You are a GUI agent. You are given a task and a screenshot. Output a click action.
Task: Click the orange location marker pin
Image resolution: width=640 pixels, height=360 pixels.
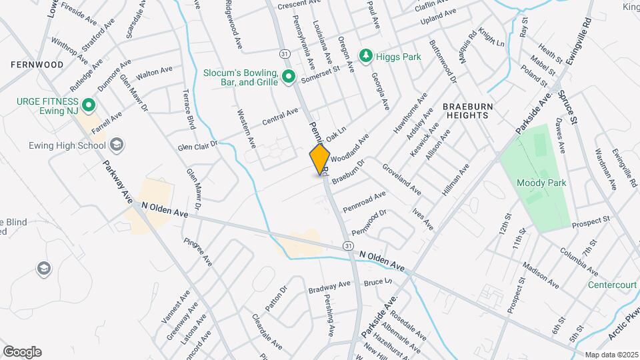pos(320,159)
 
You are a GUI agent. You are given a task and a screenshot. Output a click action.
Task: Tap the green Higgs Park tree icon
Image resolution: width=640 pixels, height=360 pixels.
pos(365,57)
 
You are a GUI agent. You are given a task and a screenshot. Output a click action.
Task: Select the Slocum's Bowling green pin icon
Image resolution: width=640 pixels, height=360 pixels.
pos(288,78)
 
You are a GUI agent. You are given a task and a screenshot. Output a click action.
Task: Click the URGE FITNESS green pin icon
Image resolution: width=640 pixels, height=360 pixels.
pos(87,105)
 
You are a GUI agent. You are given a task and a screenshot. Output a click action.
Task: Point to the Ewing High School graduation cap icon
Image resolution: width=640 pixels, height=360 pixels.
pos(117,145)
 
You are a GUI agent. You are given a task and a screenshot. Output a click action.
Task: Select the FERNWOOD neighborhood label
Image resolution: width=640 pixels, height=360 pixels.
pos(37,65)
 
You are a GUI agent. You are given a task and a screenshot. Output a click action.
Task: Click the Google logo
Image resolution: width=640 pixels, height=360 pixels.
pos(22,352)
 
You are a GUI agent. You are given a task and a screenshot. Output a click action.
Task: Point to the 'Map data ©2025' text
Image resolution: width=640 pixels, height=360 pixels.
pos(611,355)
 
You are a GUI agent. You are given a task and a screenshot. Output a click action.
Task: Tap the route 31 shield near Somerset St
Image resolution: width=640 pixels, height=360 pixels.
pos(285,52)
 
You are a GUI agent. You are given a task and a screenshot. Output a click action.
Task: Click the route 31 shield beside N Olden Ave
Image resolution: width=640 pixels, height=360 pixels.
pos(348,246)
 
